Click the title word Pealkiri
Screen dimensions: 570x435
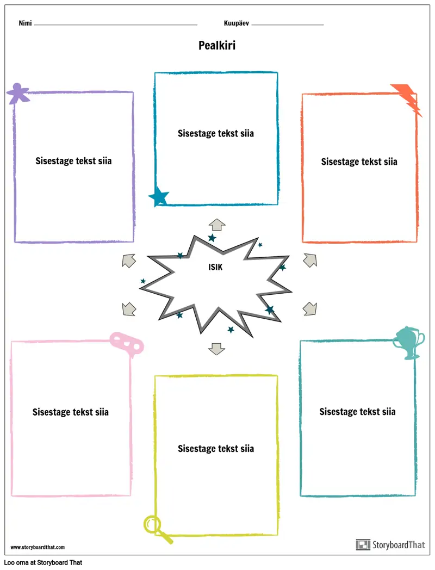217,46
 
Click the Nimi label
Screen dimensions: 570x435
24,23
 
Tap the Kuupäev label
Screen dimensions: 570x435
237,23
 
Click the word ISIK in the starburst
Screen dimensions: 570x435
215,267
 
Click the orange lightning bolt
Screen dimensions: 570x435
407,98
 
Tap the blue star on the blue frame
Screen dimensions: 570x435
159,196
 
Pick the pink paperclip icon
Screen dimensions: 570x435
126,343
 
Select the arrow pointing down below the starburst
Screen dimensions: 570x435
217,348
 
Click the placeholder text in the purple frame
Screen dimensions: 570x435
73,161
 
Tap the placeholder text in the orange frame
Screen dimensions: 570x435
359,162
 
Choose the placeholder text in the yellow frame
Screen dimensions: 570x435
216,449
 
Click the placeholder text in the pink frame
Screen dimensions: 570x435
70,412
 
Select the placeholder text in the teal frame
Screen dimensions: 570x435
357,412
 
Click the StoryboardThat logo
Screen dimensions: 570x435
390,544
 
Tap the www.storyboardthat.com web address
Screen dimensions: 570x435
38,547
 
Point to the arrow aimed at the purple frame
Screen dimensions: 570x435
128,260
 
